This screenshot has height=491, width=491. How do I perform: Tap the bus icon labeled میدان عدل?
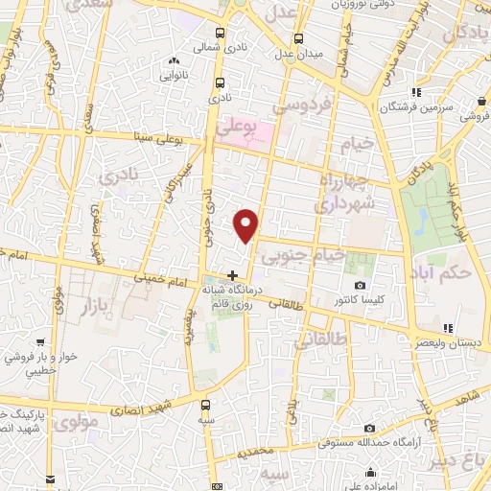298,39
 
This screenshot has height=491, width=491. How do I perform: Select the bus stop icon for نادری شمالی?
221,34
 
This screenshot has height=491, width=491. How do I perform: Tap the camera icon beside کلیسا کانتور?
360,286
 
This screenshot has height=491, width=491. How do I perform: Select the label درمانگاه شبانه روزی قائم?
226,293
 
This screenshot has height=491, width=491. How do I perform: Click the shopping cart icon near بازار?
40,340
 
